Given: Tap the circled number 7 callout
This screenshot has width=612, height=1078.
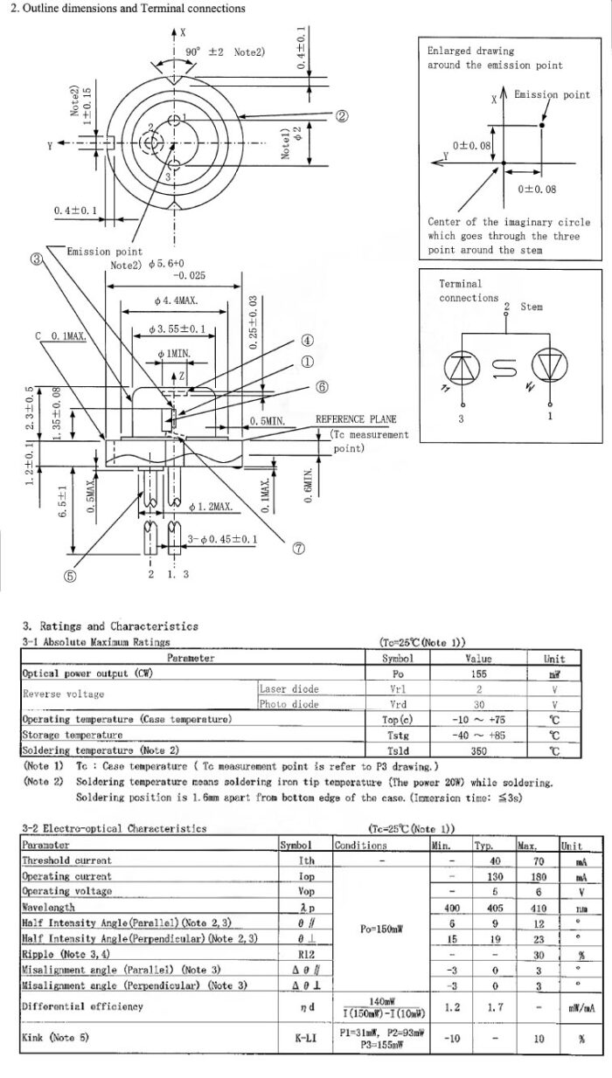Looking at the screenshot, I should click(299, 549).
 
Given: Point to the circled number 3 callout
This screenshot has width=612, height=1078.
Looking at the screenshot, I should click(36, 259).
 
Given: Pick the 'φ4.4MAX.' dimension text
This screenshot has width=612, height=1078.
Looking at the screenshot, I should click(176, 301).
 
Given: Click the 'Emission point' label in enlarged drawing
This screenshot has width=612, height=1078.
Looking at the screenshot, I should click(552, 95).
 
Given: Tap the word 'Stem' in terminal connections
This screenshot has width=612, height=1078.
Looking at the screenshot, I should click(532, 307).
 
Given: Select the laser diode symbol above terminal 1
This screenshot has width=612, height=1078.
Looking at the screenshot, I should click(549, 368).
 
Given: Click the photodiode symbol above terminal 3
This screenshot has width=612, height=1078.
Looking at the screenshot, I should click(462, 368).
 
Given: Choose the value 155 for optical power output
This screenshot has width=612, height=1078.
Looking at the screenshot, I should click(479, 674).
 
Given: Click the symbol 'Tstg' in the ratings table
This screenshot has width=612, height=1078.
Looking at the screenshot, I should click(398, 736).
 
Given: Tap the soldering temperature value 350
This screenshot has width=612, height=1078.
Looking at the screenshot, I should click(479, 750).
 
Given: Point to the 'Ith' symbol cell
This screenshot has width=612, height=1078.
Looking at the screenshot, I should click(306, 860).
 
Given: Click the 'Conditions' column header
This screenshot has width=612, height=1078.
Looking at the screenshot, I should click(360, 846).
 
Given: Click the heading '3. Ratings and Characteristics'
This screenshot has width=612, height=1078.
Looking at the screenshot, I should click(110, 625).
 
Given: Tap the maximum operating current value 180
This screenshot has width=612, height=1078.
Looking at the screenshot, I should click(526, 876).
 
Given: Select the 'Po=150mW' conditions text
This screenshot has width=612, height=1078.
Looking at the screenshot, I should click(381, 929).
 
